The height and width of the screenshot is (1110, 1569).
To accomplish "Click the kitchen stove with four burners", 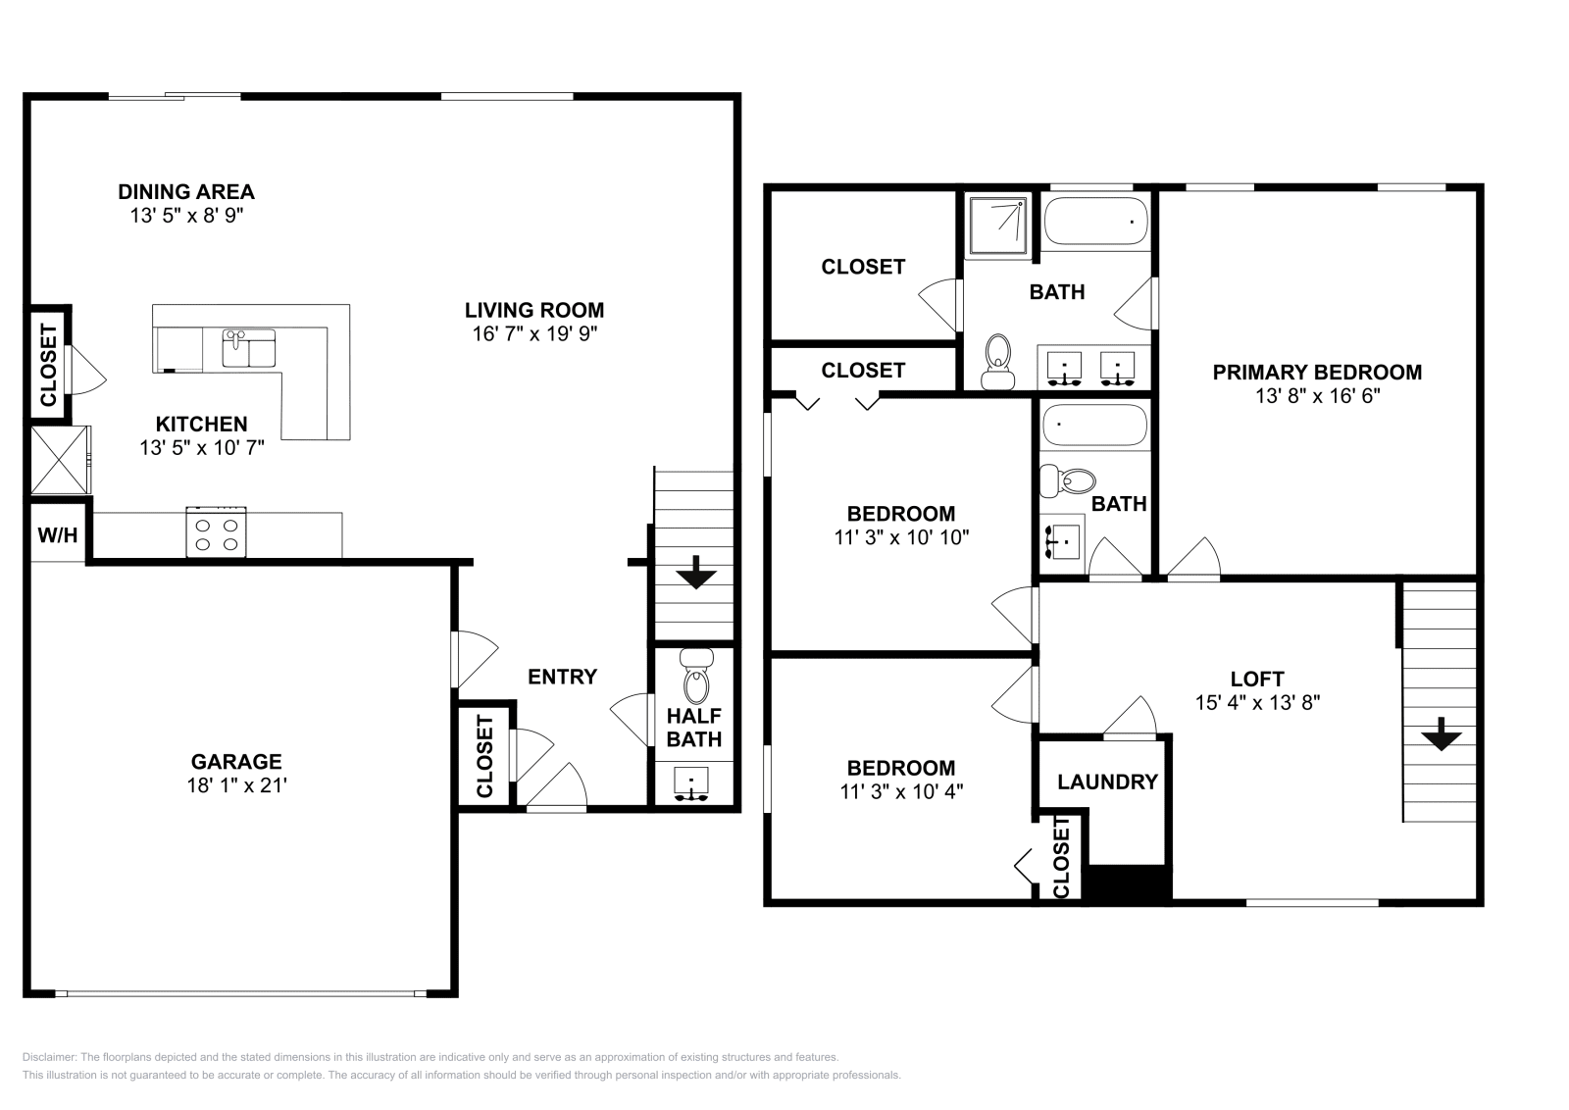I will pyautogui.click(x=216, y=532).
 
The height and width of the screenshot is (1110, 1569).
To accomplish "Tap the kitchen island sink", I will pyautogui.click(x=248, y=348).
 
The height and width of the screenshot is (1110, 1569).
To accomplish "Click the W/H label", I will pyautogui.click(x=57, y=535).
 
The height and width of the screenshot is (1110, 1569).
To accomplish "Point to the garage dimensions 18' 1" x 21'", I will pyautogui.click(x=236, y=785).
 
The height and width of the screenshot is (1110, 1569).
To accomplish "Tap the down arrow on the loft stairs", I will pyautogui.click(x=1441, y=734).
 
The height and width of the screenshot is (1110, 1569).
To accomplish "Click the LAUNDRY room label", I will pyautogui.click(x=1107, y=782).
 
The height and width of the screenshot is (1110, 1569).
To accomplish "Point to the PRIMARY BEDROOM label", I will pyautogui.click(x=1316, y=373).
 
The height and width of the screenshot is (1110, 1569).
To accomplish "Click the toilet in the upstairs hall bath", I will pyautogui.click(x=1070, y=480).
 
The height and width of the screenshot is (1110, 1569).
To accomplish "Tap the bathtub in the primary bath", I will pyautogui.click(x=1094, y=222).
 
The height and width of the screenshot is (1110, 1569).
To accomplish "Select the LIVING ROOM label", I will pyautogui.click(x=533, y=311).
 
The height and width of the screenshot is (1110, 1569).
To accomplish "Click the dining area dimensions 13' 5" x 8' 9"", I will pyautogui.click(x=186, y=216).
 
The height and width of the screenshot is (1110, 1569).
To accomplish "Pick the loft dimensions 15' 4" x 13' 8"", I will pyautogui.click(x=1256, y=702).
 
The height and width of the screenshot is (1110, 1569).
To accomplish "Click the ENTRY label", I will pyautogui.click(x=562, y=677).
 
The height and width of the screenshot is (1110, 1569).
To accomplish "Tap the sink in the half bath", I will pyautogui.click(x=692, y=784).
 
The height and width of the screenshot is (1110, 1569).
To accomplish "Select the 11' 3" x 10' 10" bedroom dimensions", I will pyautogui.click(x=901, y=537).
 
